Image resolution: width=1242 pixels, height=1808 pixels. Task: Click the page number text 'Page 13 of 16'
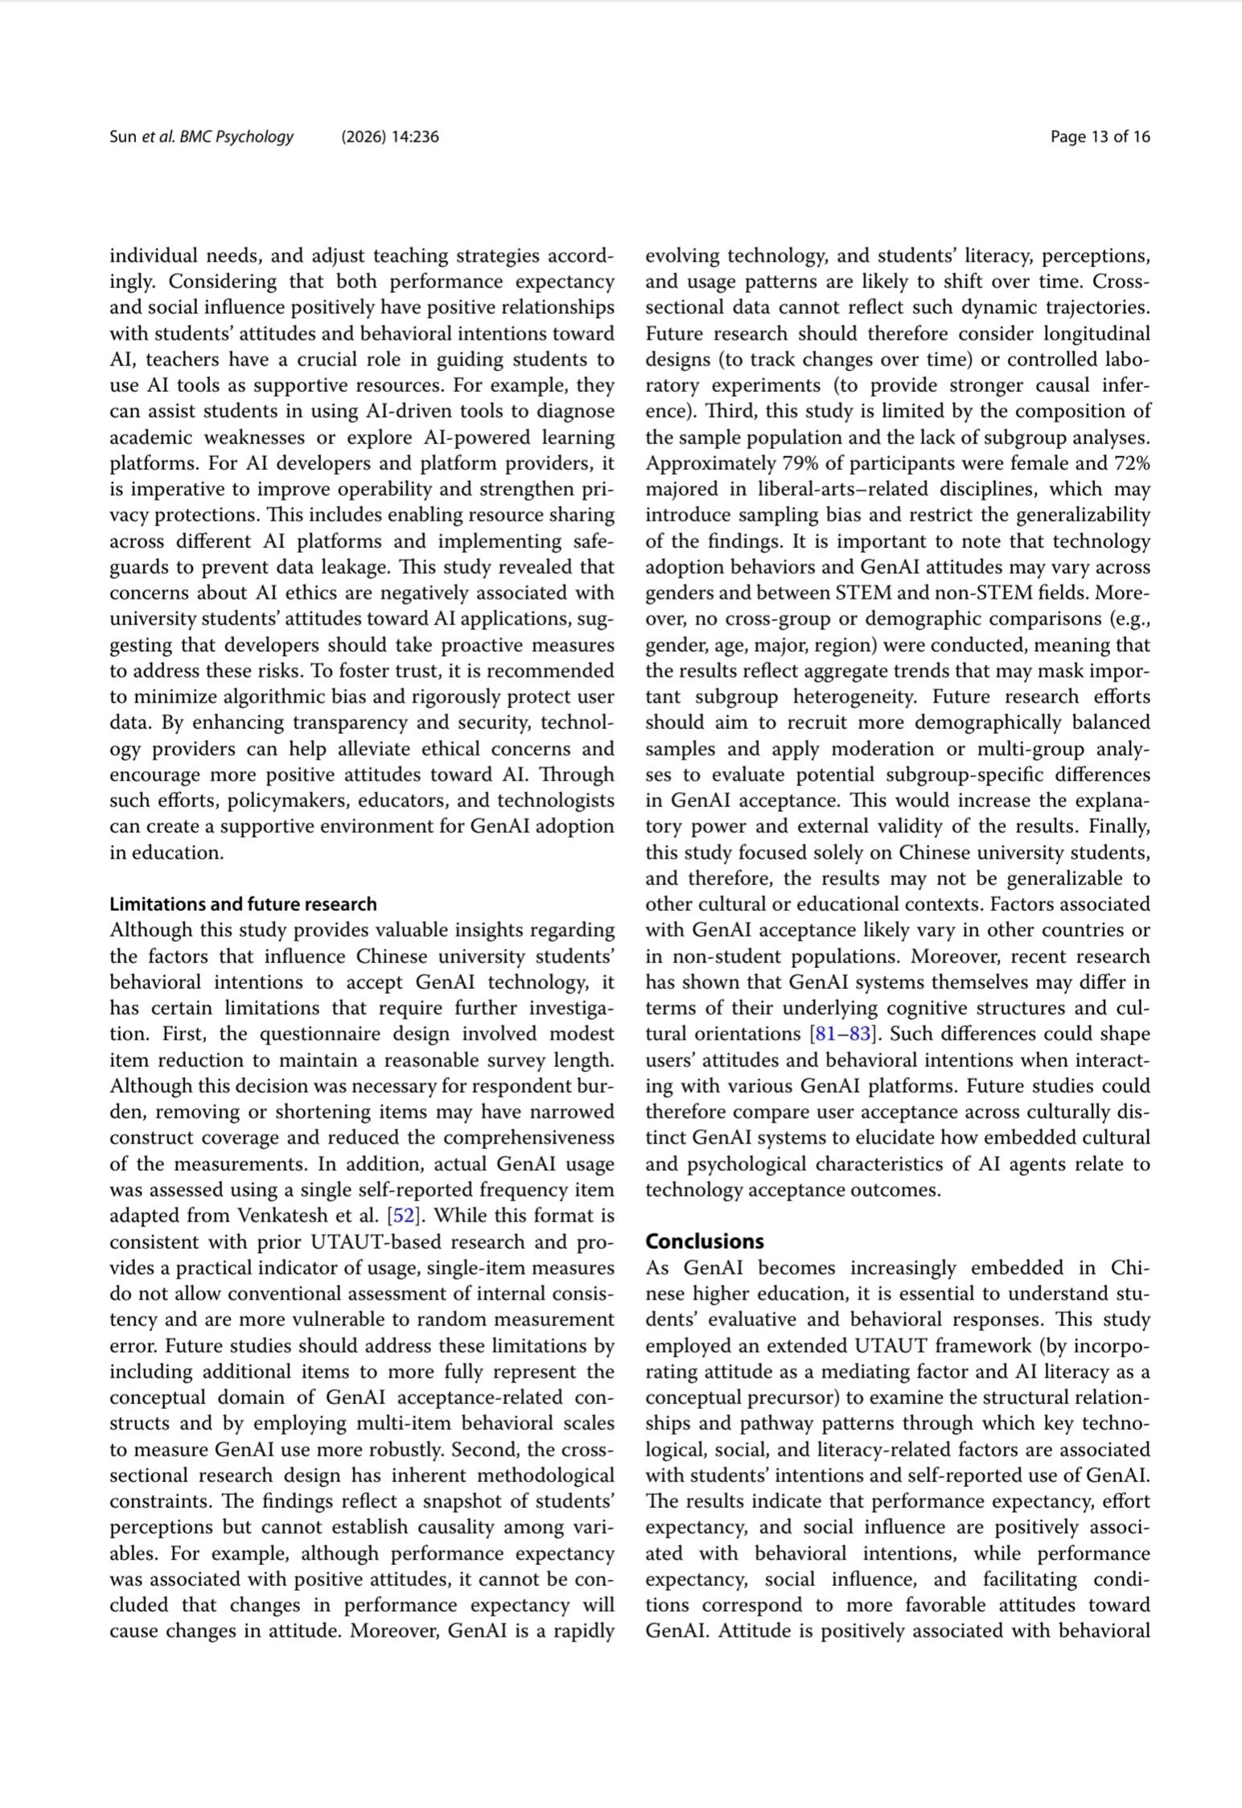pos(1100,137)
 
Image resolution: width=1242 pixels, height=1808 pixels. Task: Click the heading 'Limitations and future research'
pos(243,904)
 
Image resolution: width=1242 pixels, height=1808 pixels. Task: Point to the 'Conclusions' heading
pos(705,1241)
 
